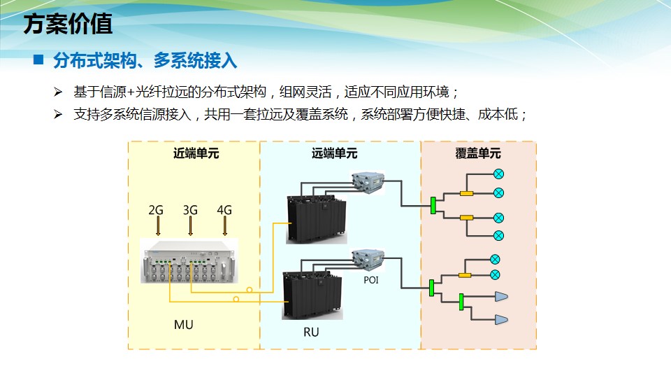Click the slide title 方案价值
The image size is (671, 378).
click(x=68, y=25)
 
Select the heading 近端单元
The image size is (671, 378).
click(x=196, y=153)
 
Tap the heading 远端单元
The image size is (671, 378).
click(x=334, y=153)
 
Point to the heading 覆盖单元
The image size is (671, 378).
click(x=478, y=153)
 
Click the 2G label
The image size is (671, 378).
click(x=156, y=209)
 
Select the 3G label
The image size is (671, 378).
click(x=190, y=209)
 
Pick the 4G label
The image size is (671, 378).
click(x=224, y=209)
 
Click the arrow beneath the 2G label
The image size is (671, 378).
click(x=157, y=225)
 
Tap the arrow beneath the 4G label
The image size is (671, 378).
click(x=225, y=225)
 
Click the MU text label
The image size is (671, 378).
click(x=183, y=325)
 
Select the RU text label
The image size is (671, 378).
click(x=311, y=332)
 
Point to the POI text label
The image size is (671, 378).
click(x=370, y=279)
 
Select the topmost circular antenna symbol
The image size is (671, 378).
click(x=498, y=174)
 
